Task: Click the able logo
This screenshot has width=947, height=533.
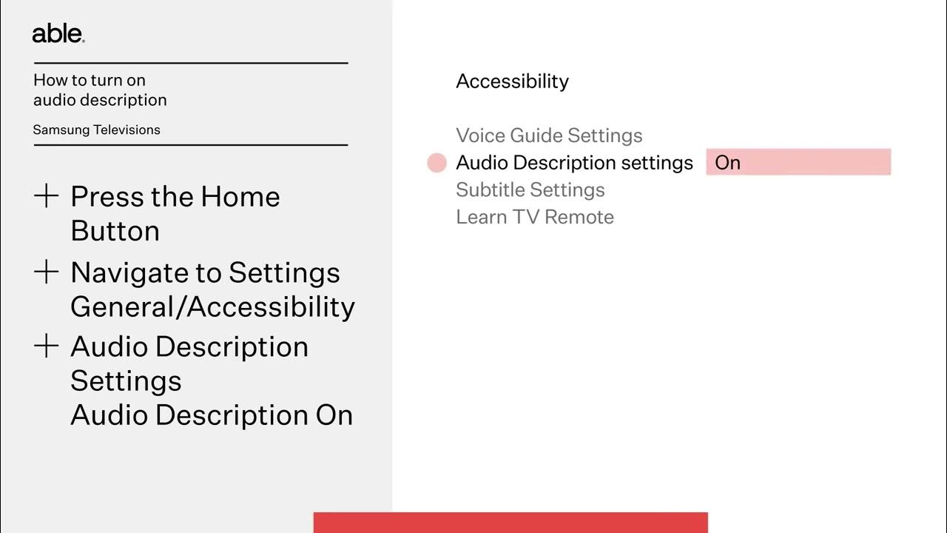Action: click(58, 34)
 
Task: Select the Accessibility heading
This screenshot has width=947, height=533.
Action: click(512, 81)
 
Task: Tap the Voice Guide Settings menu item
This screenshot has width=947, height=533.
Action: click(549, 135)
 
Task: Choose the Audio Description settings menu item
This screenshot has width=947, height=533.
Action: click(574, 163)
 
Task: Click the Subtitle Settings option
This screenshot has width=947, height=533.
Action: click(530, 190)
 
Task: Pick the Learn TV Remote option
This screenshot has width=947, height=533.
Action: click(535, 217)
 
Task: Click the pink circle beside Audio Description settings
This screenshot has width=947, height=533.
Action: click(437, 163)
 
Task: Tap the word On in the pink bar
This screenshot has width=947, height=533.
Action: click(728, 163)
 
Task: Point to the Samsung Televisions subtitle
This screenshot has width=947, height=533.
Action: click(96, 130)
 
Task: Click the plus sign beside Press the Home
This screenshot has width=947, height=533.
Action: click(47, 196)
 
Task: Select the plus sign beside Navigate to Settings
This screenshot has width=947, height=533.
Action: click(47, 272)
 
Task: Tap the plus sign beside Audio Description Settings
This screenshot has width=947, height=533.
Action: click(47, 346)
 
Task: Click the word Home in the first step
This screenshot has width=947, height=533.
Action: click(240, 197)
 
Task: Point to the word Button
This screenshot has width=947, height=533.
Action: click(115, 231)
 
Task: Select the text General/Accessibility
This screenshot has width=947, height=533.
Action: click(212, 306)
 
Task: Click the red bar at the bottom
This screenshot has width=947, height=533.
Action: click(510, 522)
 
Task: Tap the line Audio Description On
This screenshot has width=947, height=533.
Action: click(212, 415)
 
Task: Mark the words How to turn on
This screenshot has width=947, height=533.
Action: click(89, 80)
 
